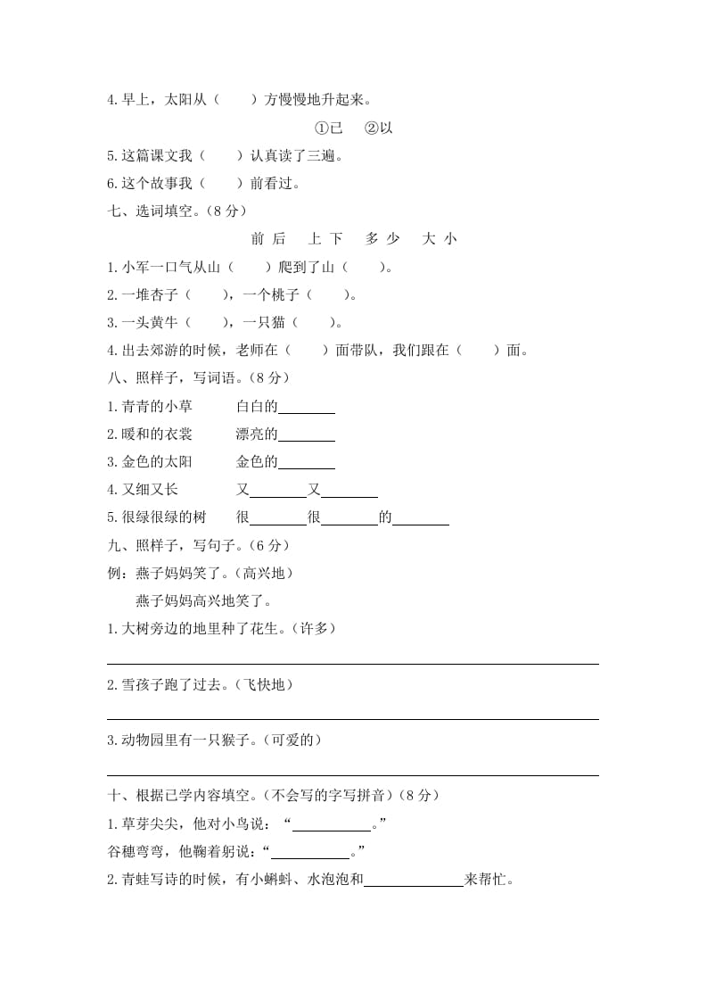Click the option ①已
(329, 128)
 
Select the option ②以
(378, 128)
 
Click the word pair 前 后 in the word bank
(268, 238)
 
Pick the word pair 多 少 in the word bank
(382, 238)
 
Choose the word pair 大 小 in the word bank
(440, 238)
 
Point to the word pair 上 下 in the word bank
(325, 238)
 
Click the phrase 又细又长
(142, 489)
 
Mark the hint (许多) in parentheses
(315, 628)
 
